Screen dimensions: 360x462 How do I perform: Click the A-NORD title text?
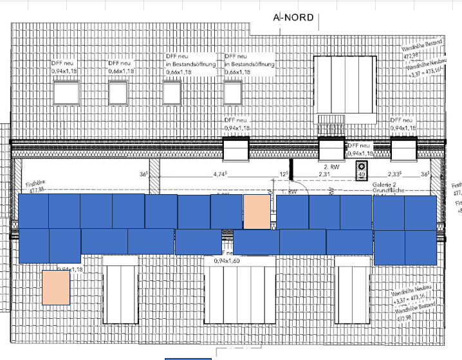tap(293, 17)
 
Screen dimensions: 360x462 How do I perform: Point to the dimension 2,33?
tap(392, 174)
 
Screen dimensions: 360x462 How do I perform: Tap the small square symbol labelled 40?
tap(362, 170)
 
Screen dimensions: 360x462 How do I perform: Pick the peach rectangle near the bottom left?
tap(55, 287)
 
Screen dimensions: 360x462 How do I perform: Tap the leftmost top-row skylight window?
tap(64, 94)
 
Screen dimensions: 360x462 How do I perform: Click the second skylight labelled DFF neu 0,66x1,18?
tap(118, 93)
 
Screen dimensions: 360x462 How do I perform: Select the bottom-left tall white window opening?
tap(120, 292)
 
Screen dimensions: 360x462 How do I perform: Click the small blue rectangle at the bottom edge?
tap(188, 357)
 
